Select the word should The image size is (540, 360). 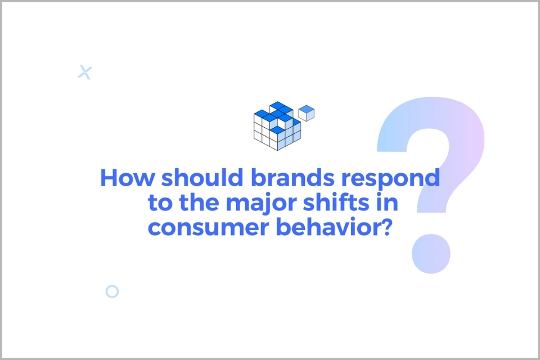(x=202, y=177)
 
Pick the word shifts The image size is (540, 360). (x=336, y=202)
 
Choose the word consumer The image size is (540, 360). (x=208, y=228)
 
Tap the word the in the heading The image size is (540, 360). (x=199, y=202)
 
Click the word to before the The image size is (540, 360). (x=160, y=203)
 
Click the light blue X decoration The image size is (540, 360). (x=85, y=73)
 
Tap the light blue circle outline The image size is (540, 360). (x=112, y=286)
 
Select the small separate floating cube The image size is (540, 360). (x=306, y=113)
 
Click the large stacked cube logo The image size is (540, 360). (x=277, y=126)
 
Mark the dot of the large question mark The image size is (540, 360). (x=431, y=254)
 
